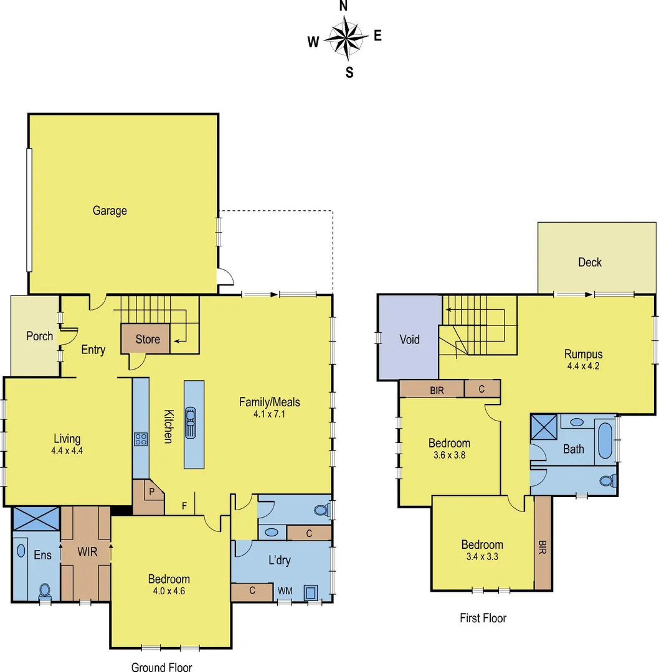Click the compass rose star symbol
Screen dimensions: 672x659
point(344,37)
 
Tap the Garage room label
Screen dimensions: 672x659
point(110,211)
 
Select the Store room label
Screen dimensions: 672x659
point(148,339)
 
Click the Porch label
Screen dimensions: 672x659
point(39,336)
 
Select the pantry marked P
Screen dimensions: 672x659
point(150,491)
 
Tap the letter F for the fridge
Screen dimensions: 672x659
point(184,505)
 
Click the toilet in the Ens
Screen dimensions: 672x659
point(44,589)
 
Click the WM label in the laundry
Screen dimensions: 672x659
point(285,590)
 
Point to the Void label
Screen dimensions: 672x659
point(409,340)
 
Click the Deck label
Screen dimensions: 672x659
point(589,263)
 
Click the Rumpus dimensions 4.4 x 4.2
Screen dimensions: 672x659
point(583,366)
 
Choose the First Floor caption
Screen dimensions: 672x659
point(483,618)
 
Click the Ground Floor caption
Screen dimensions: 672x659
point(161,666)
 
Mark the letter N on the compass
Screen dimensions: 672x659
point(343,6)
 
